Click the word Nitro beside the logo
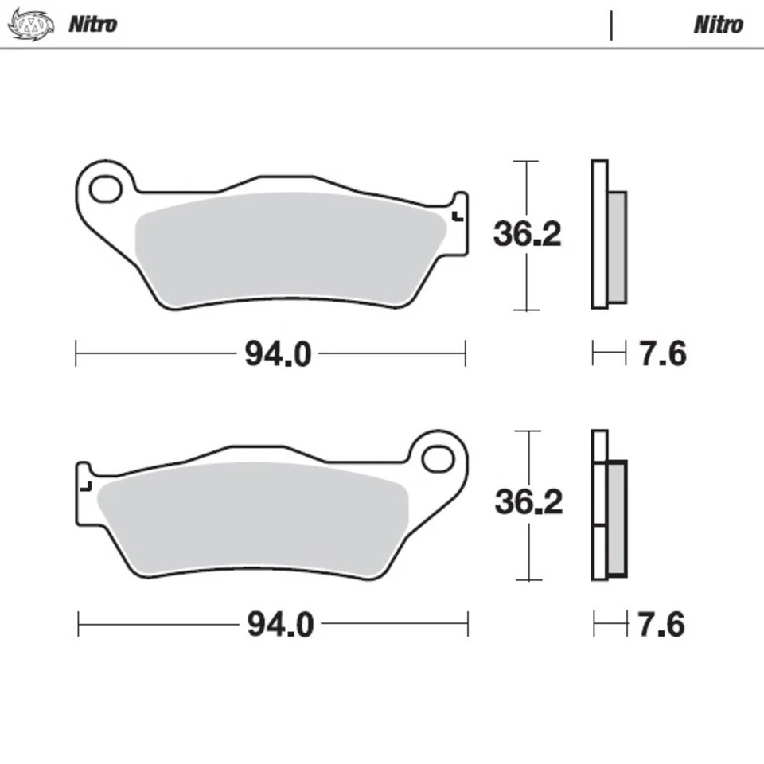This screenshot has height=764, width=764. pyautogui.click(x=92, y=24)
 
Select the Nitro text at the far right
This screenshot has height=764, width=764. pyautogui.click(x=718, y=25)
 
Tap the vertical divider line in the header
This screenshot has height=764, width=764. pyautogui.click(x=611, y=25)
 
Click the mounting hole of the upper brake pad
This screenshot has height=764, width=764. pyautogui.click(x=103, y=189)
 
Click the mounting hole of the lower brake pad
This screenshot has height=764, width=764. pyautogui.click(x=437, y=459)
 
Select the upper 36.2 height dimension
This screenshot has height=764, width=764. pyautogui.click(x=527, y=234)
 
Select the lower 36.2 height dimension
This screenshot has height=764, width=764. pyautogui.click(x=528, y=502)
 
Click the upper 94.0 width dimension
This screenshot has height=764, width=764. pyautogui.click(x=278, y=354)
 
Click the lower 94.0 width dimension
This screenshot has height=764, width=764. pyautogui.click(x=280, y=625)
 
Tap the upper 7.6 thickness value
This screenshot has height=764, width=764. pyautogui.click(x=662, y=353)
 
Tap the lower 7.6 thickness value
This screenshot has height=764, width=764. pyautogui.click(x=661, y=625)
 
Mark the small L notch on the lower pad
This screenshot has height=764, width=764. pyautogui.click(x=88, y=485)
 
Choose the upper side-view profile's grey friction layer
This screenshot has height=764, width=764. pyautogui.click(x=617, y=247)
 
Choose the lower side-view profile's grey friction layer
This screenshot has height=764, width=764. pyautogui.click(x=617, y=519)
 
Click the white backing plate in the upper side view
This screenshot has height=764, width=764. pyautogui.click(x=599, y=234)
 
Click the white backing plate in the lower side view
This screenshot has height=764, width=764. pyautogui.click(x=599, y=505)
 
